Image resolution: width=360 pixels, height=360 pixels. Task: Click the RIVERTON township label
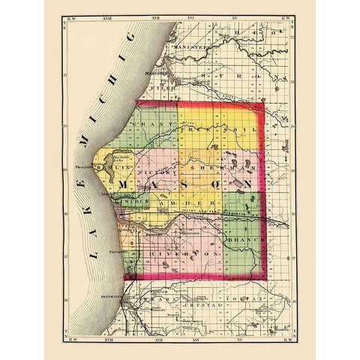point(188,256)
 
